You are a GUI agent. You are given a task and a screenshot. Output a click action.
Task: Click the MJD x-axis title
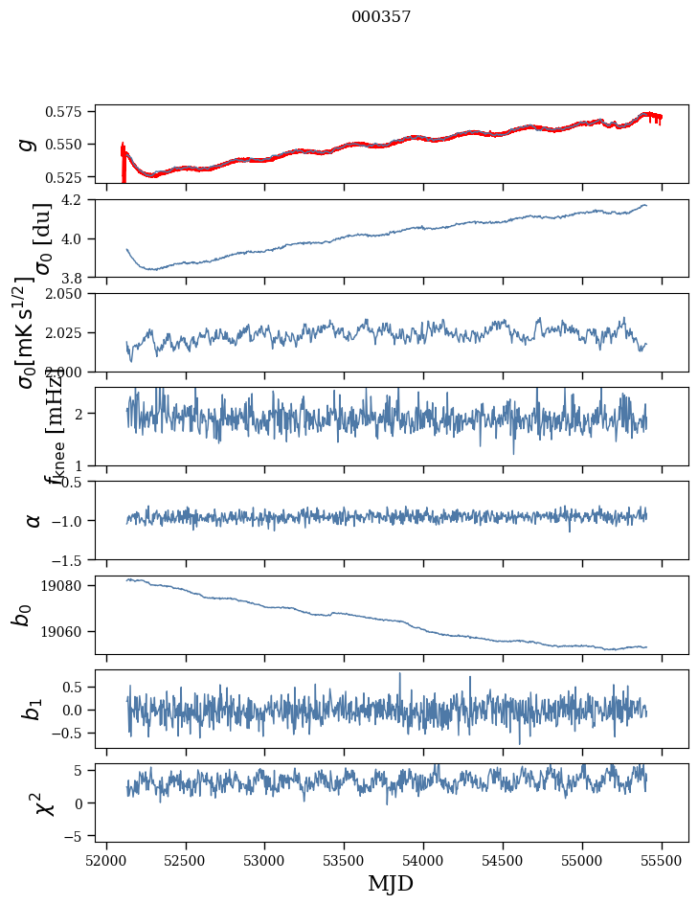[391, 883]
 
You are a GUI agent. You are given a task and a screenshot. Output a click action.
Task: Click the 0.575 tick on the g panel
[71, 112]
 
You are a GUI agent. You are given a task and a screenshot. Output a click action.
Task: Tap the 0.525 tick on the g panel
[71, 177]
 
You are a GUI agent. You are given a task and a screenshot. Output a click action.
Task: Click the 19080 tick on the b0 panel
[71, 585]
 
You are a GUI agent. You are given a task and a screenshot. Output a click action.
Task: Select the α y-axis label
[33, 520]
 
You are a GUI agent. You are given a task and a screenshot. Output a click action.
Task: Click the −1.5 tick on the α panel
[74, 558]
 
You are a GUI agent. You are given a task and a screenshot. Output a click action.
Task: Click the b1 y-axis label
[33, 710]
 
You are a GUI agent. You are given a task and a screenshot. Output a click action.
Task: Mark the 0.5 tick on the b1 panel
[78, 687]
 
